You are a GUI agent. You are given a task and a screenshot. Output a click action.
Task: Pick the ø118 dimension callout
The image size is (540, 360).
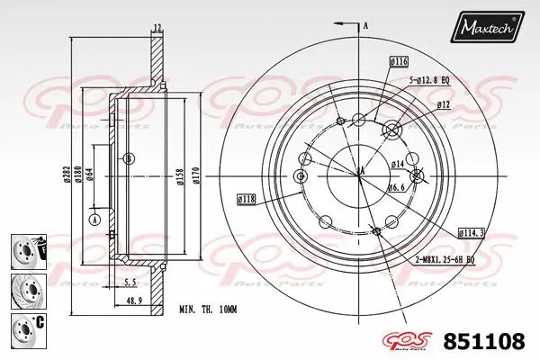[247, 198]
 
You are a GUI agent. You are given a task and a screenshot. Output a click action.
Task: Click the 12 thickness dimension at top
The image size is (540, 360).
[157, 27]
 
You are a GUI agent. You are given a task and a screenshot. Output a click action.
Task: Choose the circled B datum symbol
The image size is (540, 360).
[130, 159]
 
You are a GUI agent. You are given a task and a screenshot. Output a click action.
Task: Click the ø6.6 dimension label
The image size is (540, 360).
[397, 188]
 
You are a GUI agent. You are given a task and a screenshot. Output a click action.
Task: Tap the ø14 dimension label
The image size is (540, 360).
[397, 164]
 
